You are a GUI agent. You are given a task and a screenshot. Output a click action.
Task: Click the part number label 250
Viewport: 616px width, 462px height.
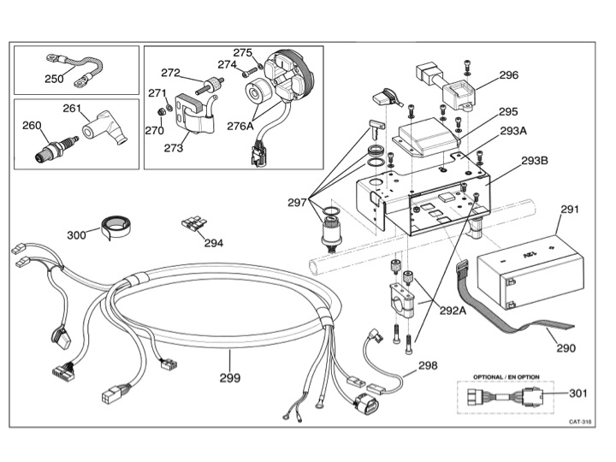pos(54,79)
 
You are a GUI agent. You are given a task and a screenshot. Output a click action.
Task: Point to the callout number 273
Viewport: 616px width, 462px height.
pos(174,148)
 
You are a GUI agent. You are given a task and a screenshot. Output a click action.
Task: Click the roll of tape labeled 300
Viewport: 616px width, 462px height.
pos(116,226)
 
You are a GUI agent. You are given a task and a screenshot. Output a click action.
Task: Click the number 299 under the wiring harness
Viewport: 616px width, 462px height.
pos(230,377)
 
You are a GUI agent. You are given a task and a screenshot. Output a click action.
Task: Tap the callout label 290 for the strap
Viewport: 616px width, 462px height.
pos(566,348)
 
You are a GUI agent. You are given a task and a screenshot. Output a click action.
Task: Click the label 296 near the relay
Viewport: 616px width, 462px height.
pos(509,74)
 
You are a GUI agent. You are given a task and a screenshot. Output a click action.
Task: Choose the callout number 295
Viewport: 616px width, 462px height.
pos(509,112)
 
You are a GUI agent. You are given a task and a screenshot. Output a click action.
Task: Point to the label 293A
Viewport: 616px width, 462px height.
pos(512,131)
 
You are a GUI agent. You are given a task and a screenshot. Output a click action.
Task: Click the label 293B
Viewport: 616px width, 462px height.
pos(534,160)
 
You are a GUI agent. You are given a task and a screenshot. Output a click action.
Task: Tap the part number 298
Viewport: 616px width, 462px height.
pos(428,365)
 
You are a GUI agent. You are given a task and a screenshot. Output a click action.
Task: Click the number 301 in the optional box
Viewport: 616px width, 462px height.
pos(578,394)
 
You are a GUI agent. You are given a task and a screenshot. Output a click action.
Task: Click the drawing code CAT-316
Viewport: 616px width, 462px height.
pos(580,422)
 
